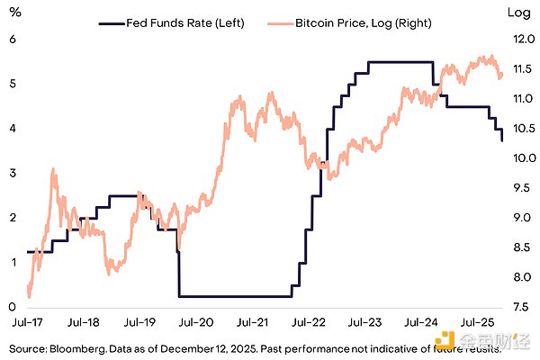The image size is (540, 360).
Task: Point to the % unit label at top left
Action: pyautogui.click(x=13, y=13)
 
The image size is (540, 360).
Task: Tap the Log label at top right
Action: pyautogui.click(x=519, y=13)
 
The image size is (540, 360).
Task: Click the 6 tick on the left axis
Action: pyautogui.click(x=13, y=39)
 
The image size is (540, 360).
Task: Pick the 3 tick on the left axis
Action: pyautogui.click(x=13, y=173)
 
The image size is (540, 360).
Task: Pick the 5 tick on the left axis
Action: pyautogui.click(x=13, y=84)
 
